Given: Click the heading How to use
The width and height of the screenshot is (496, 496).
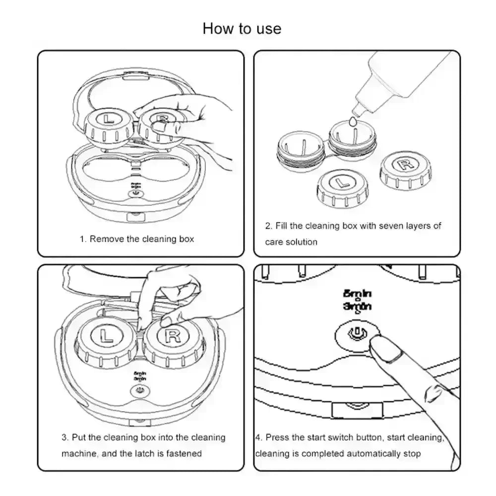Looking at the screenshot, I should (242, 28).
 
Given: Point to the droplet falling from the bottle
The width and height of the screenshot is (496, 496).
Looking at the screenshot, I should (353, 121).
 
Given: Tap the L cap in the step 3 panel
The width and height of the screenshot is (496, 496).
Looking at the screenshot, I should (106, 336).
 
